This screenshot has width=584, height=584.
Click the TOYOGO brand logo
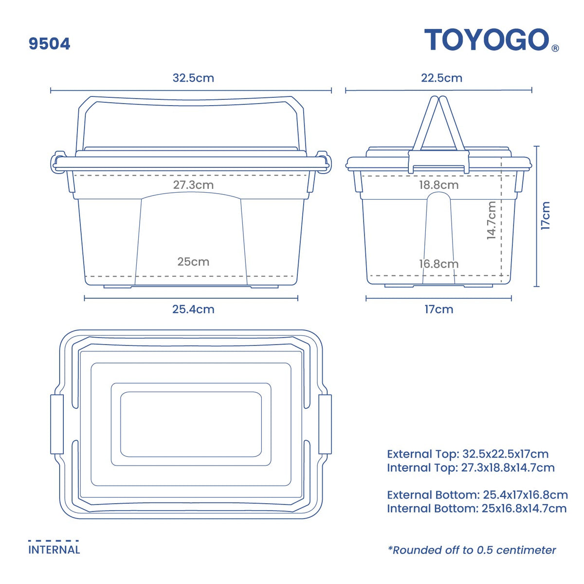tap(487, 40)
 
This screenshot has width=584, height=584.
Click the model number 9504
tap(49, 44)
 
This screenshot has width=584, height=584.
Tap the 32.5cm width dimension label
tap(193, 78)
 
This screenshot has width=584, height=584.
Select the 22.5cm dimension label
tap(442, 78)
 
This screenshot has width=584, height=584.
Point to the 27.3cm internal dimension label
tap(193, 185)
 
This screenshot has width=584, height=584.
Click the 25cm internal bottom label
tap(193, 262)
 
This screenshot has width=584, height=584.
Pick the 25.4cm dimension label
tap(193, 309)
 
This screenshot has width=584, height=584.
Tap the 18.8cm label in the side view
tap(438, 185)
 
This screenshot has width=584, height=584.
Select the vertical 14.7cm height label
tap(492, 220)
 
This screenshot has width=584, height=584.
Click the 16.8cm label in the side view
tap(438, 264)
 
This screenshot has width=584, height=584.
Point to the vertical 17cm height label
tap(546, 216)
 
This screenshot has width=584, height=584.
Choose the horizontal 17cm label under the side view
tap(438, 309)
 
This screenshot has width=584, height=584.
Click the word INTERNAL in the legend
tap(54, 550)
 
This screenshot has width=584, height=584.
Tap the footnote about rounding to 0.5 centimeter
tap(472, 550)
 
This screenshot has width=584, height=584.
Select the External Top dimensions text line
tap(468, 454)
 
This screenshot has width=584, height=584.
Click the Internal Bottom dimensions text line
tap(476, 509)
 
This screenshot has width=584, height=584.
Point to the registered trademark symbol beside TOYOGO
tap(555, 48)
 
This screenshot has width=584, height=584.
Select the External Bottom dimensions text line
tap(477, 495)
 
